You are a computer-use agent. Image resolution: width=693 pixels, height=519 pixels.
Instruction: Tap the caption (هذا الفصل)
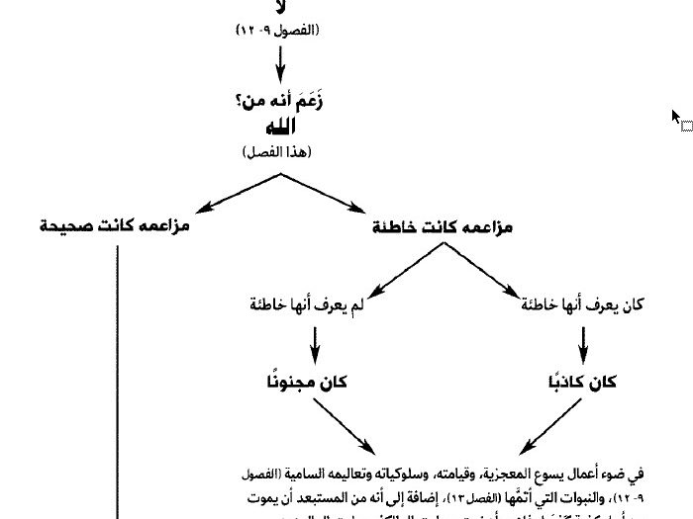(x=278, y=152)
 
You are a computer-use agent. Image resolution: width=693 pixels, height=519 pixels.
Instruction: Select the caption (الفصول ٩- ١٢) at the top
(x=278, y=31)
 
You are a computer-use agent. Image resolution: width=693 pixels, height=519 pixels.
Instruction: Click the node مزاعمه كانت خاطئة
(x=442, y=227)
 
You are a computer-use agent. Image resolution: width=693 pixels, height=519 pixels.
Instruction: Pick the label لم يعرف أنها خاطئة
(x=308, y=304)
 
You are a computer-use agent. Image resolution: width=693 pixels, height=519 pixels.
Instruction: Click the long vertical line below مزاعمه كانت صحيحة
(x=118, y=376)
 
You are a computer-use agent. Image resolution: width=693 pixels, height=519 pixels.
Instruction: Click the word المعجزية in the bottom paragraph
(x=505, y=474)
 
